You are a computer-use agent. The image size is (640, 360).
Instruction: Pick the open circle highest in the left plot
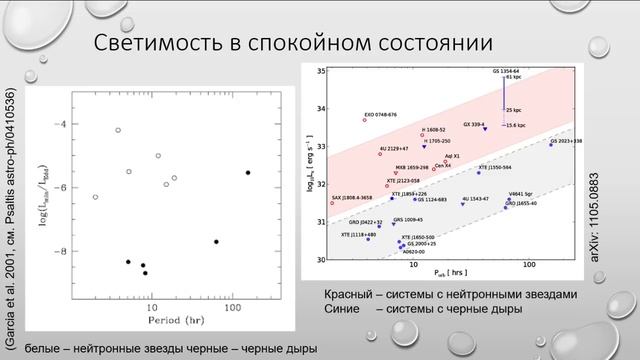coord(118,130)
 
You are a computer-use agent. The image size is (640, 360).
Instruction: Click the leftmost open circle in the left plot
coord(95,197)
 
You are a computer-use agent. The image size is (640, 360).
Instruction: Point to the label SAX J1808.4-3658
coord(354,198)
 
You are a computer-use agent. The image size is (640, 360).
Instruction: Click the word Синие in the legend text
coord(341,309)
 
